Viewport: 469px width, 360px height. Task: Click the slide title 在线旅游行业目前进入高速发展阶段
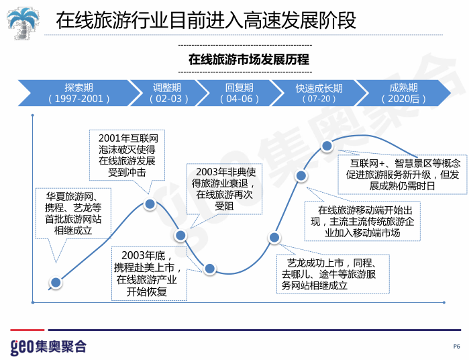pos(206,20)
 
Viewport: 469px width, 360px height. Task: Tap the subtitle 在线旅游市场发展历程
pos(248,60)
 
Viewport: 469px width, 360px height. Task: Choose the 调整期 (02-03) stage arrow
pos(167,93)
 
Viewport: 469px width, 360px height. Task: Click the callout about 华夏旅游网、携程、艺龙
pos(72,213)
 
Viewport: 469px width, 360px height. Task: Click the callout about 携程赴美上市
pos(147,273)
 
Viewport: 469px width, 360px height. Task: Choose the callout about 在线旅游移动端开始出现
pos(361,221)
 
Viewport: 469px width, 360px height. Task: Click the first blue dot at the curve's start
pos(56,283)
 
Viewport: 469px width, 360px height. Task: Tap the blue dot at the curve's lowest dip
pos(209,269)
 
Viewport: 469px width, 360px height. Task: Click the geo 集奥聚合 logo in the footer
pos(48,346)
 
